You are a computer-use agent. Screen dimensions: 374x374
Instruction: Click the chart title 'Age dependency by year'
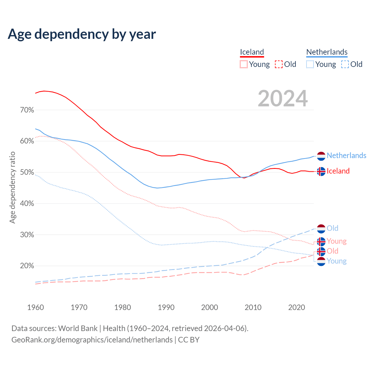click(82, 34)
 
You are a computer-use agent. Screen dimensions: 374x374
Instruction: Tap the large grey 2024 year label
click(283, 98)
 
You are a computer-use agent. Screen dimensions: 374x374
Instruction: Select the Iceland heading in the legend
click(252, 52)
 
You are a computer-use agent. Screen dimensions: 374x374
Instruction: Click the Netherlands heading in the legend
click(327, 52)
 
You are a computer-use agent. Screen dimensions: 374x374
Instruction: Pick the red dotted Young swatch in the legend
click(244, 64)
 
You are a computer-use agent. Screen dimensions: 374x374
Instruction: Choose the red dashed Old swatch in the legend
click(279, 64)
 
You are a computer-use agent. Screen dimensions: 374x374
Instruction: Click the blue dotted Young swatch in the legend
click(310, 64)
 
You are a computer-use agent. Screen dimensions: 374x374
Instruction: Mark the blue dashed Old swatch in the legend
click(345, 64)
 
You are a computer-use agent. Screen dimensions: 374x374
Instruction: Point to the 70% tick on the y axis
click(27, 110)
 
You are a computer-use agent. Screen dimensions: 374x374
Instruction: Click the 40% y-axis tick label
click(27, 204)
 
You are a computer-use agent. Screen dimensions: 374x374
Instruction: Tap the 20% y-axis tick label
click(27, 266)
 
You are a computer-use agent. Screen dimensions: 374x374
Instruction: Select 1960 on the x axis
click(36, 307)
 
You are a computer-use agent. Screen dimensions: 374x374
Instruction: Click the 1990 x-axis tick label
click(166, 307)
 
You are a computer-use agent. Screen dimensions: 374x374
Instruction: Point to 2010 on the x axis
click(253, 307)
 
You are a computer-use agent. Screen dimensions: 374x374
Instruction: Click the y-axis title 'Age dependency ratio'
click(13, 187)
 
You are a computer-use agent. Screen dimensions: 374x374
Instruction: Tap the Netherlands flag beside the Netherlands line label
click(321, 156)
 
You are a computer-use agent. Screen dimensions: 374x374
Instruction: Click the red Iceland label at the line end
click(338, 171)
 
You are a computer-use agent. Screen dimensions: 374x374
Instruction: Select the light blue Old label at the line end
click(333, 228)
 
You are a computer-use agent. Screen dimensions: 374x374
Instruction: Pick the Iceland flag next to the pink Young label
click(321, 242)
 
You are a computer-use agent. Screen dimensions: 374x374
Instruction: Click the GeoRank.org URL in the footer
click(92, 340)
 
